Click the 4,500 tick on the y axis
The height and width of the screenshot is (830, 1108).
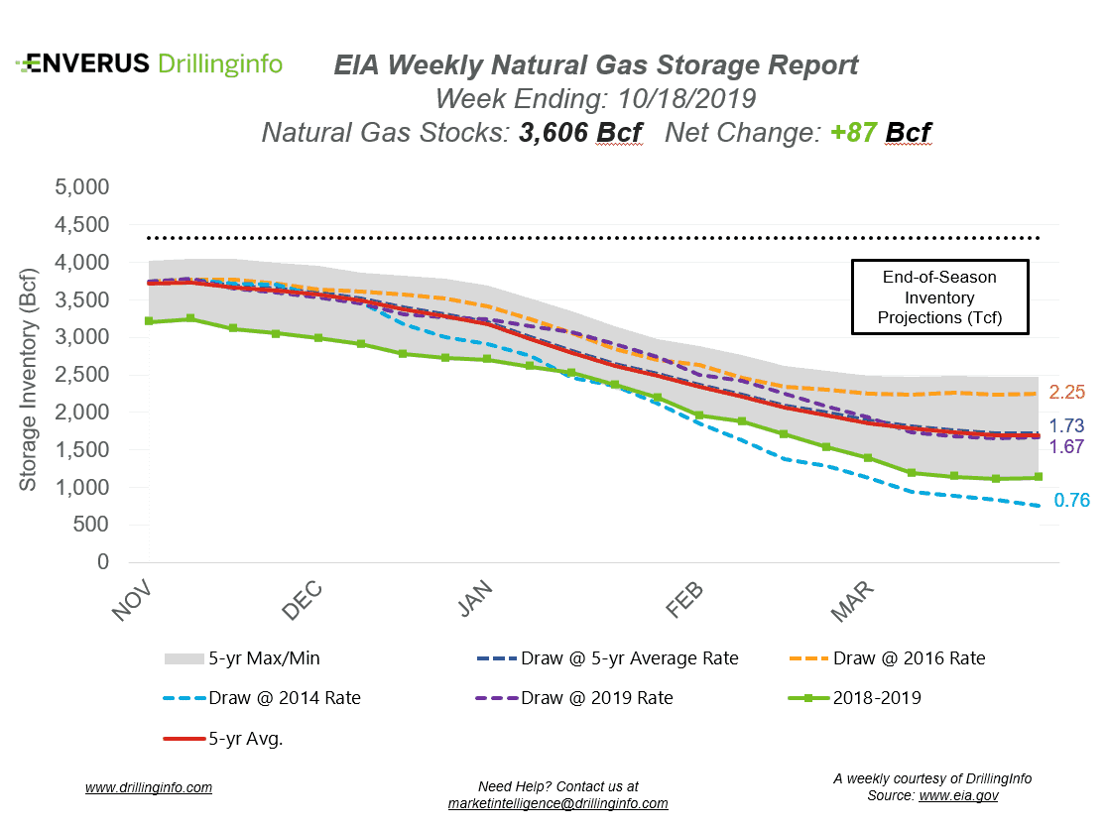coord(84,225)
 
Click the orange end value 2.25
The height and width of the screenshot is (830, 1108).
coord(1068,392)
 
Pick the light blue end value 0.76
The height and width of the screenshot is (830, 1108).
coord(1071,501)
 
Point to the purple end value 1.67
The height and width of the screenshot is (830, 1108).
coord(1068,446)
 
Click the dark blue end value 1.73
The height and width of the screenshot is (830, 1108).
coord(1068,425)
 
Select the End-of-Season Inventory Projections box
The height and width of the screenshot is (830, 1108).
coord(939,297)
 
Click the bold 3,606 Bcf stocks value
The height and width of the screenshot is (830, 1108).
coord(580,132)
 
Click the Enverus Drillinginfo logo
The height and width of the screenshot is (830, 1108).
coord(149,64)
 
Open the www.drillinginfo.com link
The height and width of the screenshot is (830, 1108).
coord(149,788)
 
